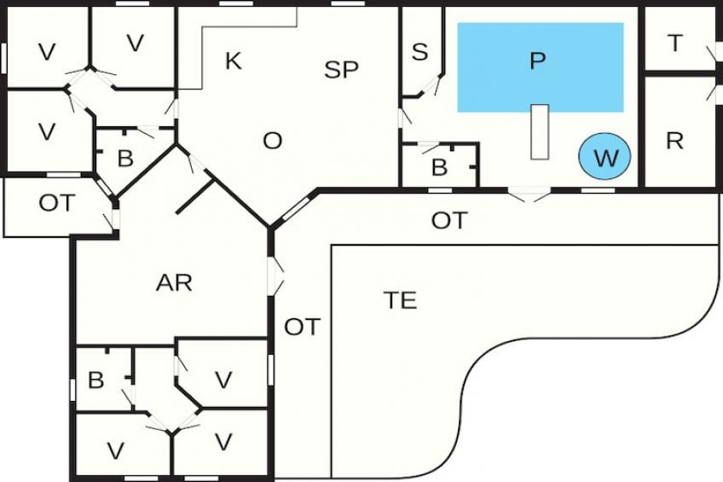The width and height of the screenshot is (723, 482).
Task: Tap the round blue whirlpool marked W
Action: pos(604,157)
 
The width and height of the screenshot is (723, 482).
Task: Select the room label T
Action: pos(675,44)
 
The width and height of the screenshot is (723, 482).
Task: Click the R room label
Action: pos(674,141)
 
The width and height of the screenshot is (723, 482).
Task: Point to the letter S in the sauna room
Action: pos(419,52)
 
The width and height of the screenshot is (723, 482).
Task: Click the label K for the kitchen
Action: pos(233,61)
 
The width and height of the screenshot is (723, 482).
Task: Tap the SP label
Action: pos(342,70)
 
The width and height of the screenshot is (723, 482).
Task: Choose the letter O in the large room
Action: pos(272,141)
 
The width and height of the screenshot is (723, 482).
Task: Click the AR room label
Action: pos(174,283)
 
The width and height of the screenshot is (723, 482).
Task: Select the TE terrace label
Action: pos(400,300)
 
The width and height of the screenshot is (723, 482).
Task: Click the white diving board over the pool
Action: pos(539,131)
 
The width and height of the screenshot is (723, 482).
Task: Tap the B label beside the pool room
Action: pos(439,168)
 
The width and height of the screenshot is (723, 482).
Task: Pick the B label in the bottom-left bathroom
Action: pos(95,380)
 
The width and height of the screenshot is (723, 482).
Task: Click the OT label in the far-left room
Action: pos(57,203)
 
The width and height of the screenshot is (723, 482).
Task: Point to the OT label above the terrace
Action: pos(449,221)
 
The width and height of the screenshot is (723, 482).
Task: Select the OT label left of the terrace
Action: pos(302,326)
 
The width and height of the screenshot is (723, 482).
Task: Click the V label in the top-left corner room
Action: pos(47,52)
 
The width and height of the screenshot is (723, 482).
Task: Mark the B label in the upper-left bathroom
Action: pos(125,159)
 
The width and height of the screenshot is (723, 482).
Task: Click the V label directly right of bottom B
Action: pos(223,380)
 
